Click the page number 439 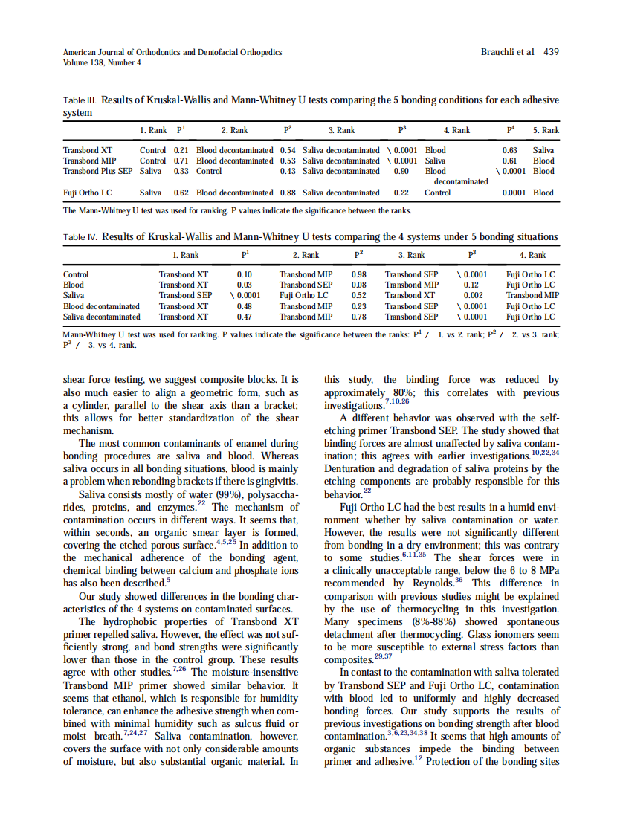551,52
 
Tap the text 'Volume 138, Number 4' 102,62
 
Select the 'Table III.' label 80,100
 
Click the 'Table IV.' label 80,238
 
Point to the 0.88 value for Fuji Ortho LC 288,193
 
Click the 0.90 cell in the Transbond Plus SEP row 401,171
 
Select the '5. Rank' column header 546,131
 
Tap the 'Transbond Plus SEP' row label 97,171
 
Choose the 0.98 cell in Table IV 358,274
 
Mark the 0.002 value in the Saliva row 473,295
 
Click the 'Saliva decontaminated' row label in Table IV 102,317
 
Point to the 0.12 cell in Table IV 471,285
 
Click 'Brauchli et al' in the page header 508,52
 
